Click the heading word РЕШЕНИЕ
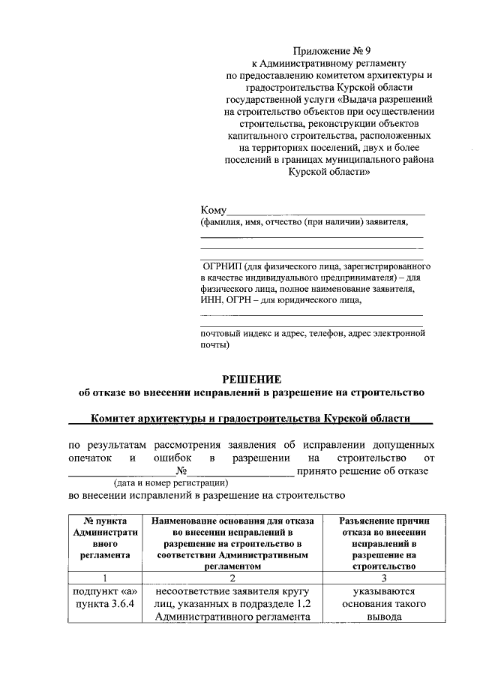point(251,379)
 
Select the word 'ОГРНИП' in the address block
point(227,266)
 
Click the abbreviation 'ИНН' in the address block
point(211,301)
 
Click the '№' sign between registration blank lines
point(181,470)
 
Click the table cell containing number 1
point(106,578)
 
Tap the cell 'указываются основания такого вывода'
point(378,604)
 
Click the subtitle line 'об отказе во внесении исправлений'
point(251,392)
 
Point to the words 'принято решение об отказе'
point(362,470)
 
